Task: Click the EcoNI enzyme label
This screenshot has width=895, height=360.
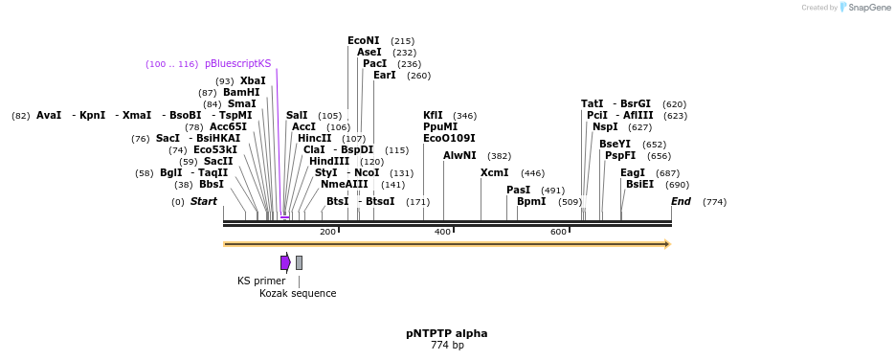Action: tap(363, 41)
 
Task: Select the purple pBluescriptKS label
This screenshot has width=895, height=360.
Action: tap(237, 63)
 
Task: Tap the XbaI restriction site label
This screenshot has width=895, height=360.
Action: tap(253, 81)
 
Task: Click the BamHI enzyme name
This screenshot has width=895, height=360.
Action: tap(241, 93)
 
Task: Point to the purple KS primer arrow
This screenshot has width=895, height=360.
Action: tap(285, 262)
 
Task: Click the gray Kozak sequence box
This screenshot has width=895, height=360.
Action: tap(299, 262)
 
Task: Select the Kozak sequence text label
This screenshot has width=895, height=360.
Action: tap(298, 293)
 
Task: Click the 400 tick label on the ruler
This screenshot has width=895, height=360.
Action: tap(442, 232)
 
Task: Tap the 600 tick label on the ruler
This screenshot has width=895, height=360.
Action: tap(558, 232)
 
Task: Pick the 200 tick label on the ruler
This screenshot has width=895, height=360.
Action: tap(327, 232)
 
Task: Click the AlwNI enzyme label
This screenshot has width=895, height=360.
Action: tap(459, 155)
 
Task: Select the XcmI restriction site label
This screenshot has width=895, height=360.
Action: tap(494, 173)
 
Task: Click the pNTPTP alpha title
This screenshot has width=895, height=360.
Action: tap(446, 333)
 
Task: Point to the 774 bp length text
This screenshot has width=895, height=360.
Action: tap(446, 345)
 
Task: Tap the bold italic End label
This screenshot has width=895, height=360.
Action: tap(681, 201)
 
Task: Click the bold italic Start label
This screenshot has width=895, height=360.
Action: tap(204, 201)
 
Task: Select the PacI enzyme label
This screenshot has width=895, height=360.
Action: tap(374, 63)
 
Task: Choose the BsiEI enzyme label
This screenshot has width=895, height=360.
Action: tap(639, 184)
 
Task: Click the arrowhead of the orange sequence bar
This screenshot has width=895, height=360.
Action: tap(667, 244)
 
